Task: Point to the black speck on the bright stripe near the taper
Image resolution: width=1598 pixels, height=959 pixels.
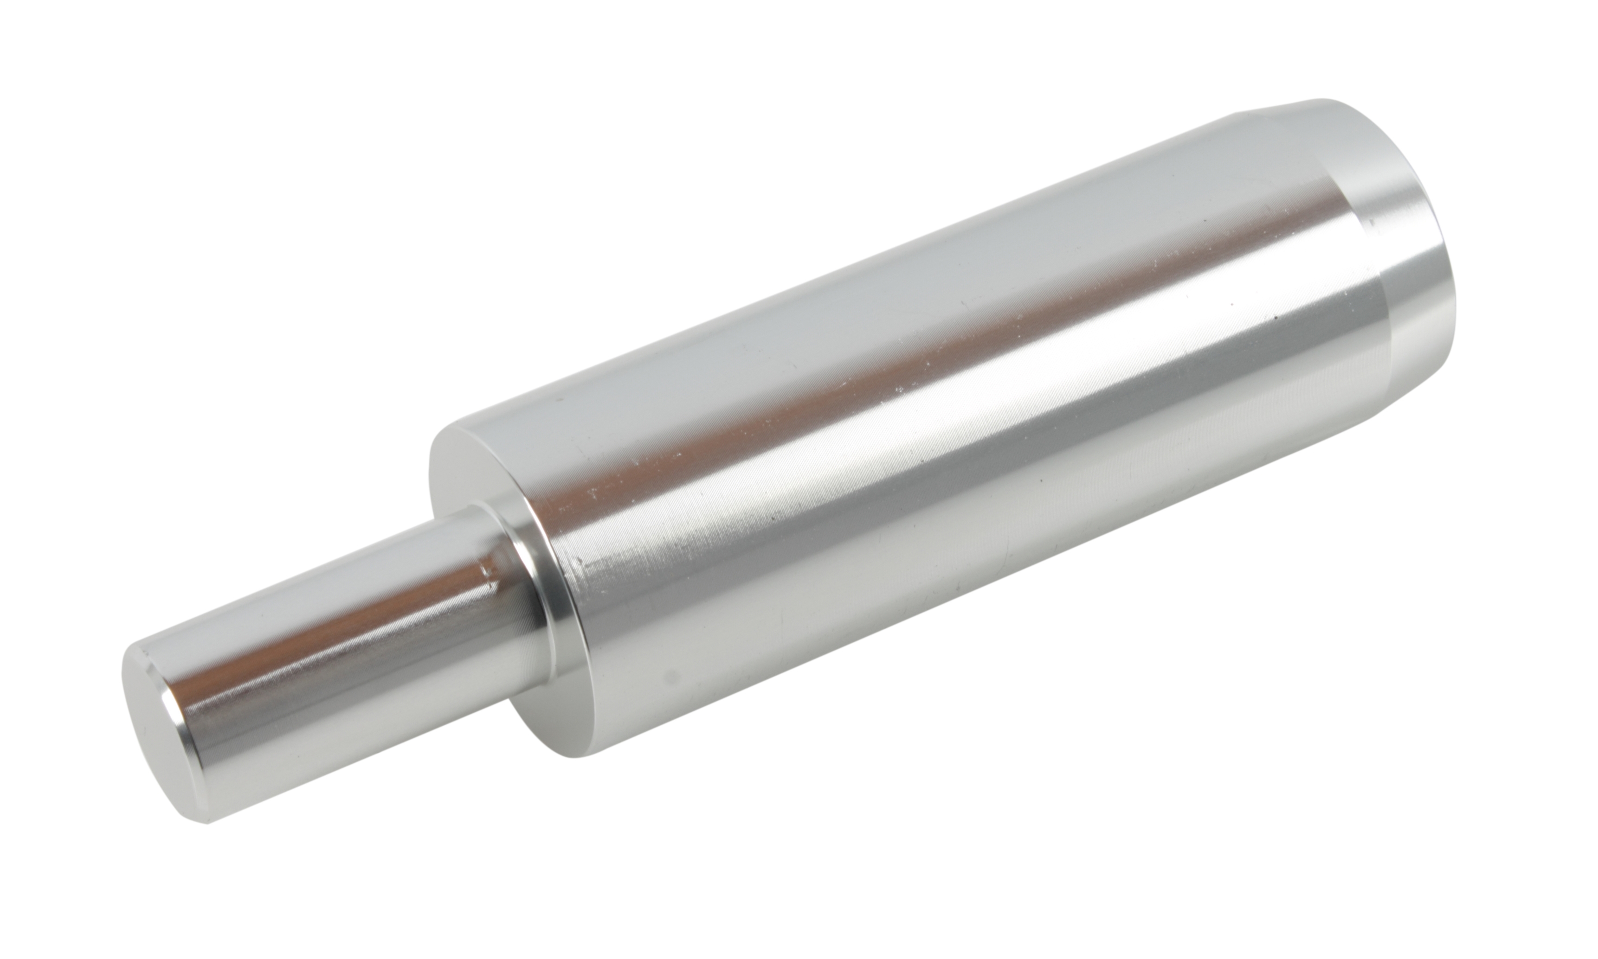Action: (1276, 317)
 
